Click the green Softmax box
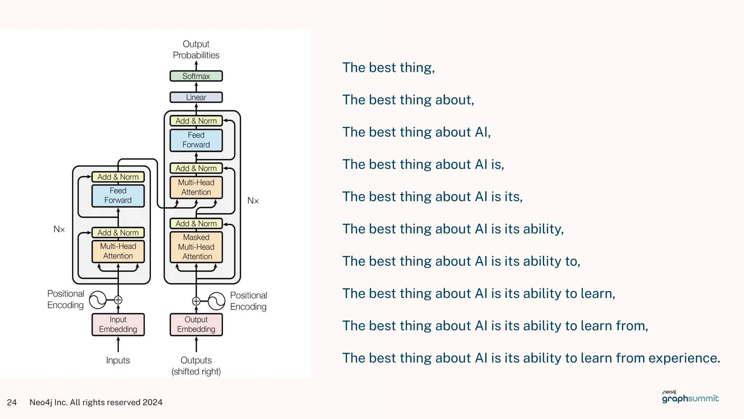pyautogui.click(x=196, y=76)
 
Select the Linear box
pyautogui.click(x=196, y=97)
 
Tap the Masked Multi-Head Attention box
pyautogui.click(x=196, y=247)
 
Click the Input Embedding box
pyautogui.click(x=118, y=324)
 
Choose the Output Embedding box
pyautogui.click(x=196, y=324)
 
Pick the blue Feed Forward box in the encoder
pyautogui.click(x=118, y=196)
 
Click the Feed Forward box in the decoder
pyautogui.click(x=196, y=140)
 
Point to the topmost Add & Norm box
pyautogui.click(x=196, y=121)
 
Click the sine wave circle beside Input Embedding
pyautogui.click(x=98, y=300)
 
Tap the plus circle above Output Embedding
pyautogui.click(x=196, y=301)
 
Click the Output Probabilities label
pyautogui.click(x=196, y=49)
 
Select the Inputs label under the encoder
pyautogui.click(x=118, y=360)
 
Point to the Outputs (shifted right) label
pyautogui.click(x=196, y=366)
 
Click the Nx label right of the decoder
pyautogui.click(x=253, y=201)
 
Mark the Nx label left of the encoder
pyautogui.click(x=59, y=230)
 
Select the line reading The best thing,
pyautogui.click(x=388, y=68)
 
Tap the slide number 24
pyautogui.click(x=12, y=402)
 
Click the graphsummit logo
pyautogui.click(x=690, y=398)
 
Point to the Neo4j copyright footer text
pyautogui.click(x=96, y=402)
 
